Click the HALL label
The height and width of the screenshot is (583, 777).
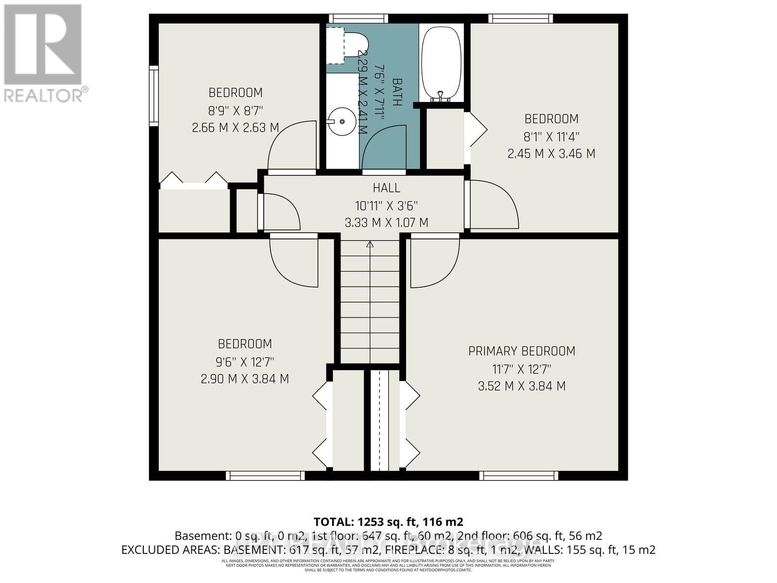[x=387, y=188]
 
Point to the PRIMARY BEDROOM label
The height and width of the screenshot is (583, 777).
[x=522, y=351]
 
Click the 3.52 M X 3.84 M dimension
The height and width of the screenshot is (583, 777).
[x=522, y=386]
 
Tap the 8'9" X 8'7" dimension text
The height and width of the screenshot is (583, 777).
[x=236, y=110]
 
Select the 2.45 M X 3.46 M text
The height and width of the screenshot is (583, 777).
[x=551, y=154]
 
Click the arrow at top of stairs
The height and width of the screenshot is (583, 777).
[x=370, y=244]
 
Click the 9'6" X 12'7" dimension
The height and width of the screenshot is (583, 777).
[x=245, y=362]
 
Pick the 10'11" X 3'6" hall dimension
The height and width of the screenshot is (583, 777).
[x=387, y=206]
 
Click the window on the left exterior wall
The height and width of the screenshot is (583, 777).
[x=153, y=96]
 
